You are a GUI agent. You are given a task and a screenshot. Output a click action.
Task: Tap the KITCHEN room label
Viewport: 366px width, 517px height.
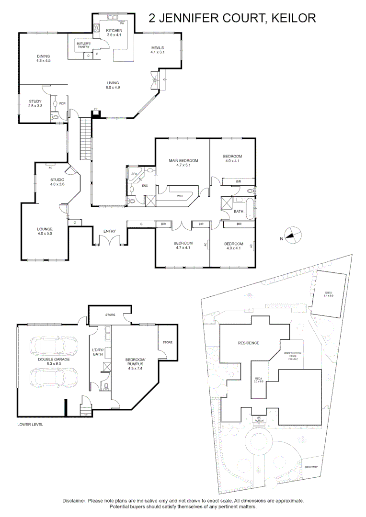pyautogui.click(x=114, y=31)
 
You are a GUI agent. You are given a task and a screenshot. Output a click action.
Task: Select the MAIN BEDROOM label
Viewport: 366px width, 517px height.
pyautogui.click(x=183, y=161)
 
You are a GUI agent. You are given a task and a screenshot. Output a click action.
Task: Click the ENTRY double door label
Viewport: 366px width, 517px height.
pyautogui.click(x=110, y=232)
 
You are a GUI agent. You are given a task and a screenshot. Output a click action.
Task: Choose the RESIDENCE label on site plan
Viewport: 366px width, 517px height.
pyautogui.click(x=249, y=343)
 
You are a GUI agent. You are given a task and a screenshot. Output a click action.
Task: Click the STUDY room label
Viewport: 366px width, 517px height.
pyautogui.click(x=35, y=101)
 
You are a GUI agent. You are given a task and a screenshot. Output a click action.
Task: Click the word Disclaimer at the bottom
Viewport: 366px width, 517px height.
pyautogui.click(x=74, y=500)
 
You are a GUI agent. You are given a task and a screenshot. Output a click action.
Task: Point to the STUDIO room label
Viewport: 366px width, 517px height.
pyautogui.click(x=57, y=180)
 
